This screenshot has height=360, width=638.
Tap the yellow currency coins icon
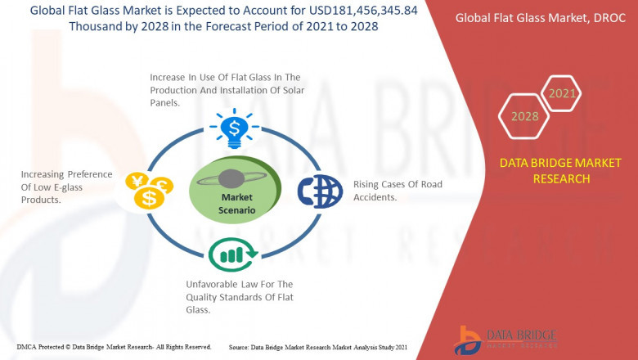coord(147,191)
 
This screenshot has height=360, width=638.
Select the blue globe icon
coord(317,191)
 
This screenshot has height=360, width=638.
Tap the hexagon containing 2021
coord(562,94)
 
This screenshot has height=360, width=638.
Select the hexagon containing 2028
coord(524,116)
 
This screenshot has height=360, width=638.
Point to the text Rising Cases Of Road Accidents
coord(397,191)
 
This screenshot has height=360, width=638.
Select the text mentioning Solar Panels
coord(227,90)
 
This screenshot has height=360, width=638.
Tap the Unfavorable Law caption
coord(240,297)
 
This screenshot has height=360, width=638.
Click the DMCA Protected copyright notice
coord(106,347)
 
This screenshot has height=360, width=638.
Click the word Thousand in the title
coord(98,26)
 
